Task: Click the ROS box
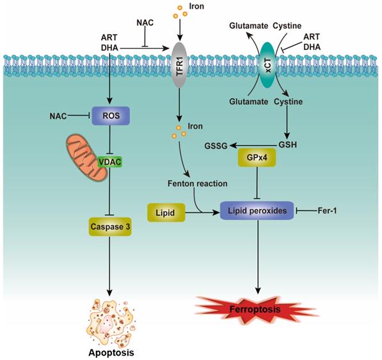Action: coord(112,115)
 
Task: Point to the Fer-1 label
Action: coord(330,209)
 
